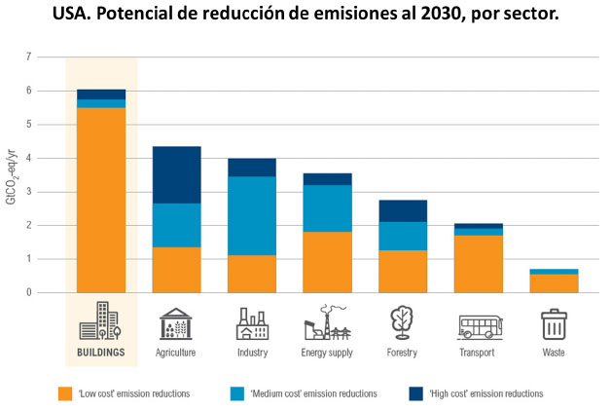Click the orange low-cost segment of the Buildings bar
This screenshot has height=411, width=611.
(x=101, y=200)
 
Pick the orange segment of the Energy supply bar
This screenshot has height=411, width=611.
(x=327, y=262)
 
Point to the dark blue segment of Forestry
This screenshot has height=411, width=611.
(x=402, y=210)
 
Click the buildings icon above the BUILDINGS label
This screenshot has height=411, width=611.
(x=101, y=321)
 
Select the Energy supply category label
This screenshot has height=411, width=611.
(x=327, y=353)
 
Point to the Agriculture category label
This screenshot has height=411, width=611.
(x=176, y=353)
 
